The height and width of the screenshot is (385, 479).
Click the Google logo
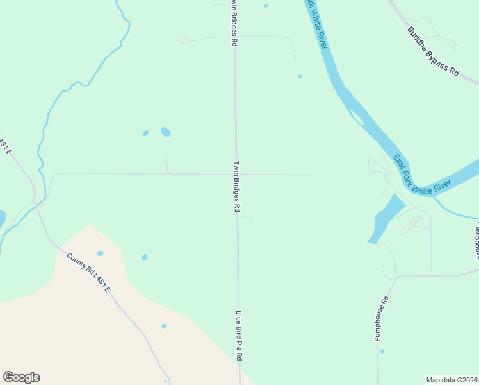(21, 377)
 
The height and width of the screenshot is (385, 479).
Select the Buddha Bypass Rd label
(434, 52)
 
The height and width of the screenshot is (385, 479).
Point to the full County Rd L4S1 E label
(89, 273)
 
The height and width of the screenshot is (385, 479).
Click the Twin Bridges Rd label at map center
(237, 187)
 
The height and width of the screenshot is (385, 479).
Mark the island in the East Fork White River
(357, 117)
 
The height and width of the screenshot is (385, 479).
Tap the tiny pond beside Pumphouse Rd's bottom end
(382, 351)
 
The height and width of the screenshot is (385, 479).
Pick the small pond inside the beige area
(164, 326)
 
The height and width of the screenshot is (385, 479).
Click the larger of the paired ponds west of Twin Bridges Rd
(166, 132)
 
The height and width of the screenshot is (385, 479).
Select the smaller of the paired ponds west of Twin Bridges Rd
(145, 133)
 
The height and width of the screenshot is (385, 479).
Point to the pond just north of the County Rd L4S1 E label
(99, 253)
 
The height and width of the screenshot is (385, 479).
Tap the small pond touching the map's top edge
(266, 6)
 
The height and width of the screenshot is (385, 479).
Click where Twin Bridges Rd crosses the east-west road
(236, 174)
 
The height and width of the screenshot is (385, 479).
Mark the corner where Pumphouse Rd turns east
(396, 277)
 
